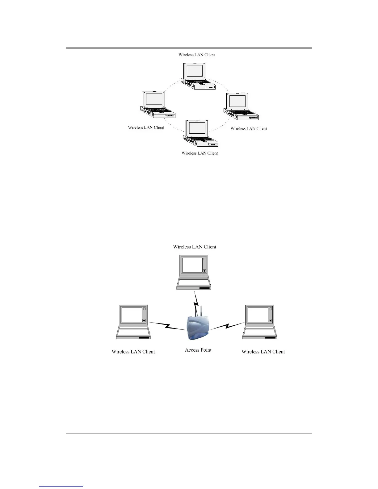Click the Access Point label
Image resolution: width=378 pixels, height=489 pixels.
(x=198, y=350)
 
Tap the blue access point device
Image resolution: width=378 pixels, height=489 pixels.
(x=198, y=328)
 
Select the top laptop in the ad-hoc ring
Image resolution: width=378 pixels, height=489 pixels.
(x=198, y=76)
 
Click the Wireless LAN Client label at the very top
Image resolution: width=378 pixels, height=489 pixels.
(x=197, y=55)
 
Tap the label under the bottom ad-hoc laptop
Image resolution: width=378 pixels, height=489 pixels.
(x=199, y=153)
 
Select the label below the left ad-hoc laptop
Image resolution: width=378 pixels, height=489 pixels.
(x=146, y=127)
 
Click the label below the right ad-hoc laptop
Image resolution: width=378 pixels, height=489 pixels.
(x=249, y=128)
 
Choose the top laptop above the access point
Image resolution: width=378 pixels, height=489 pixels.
(x=194, y=272)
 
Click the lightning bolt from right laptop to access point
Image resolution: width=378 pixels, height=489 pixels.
(x=227, y=326)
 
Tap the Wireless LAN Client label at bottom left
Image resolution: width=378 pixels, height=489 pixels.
(x=133, y=352)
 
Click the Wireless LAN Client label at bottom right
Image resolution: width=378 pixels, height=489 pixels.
(x=263, y=352)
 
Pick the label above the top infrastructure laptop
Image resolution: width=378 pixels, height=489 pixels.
(x=195, y=247)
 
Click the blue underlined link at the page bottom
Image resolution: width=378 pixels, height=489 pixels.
(x=61, y=486)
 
